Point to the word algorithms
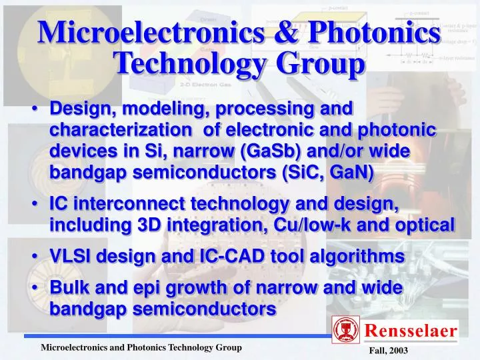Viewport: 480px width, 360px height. (x=363, y=257)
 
